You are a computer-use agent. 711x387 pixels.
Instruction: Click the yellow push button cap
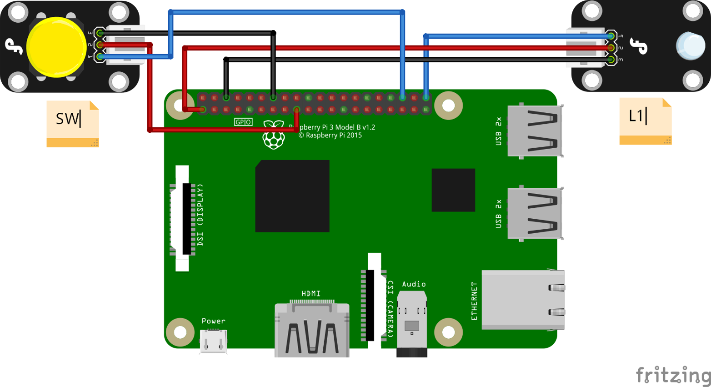pyautogui.click(x=56, y=47)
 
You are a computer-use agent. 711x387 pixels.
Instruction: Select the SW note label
pyautogui.click(x=72, y=123)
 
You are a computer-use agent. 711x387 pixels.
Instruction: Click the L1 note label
pyautogui.click(x=645, y=121)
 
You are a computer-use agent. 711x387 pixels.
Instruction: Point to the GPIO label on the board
pyautogui.click(x=243, y=122)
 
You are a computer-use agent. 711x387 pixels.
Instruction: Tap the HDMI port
pyautogui.click(x=312, y=329)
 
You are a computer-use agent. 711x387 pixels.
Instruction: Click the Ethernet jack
pyautogui.click(x=523, y=300)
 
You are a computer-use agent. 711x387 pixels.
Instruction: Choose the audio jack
pyautogui.click(x=412, y=323)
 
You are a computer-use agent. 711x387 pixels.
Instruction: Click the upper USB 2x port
pyautogui.click(x=535, y=131)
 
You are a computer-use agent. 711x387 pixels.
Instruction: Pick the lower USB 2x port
pyautogui.click(x=535, y=213)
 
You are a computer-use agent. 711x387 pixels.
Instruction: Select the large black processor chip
pyautogui.click(x=292, y=196)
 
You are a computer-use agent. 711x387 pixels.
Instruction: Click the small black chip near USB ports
pyautogui.click(x=453, y=190)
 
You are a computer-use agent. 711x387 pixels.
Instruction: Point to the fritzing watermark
pyautogui.click(x=673, y=375)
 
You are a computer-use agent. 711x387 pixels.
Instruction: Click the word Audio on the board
pyautogui.click(x=414, y=284)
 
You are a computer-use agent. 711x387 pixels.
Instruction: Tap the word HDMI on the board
pyautogui.click(x=311, y=294)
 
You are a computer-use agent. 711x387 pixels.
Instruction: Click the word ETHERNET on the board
pyautogui.click(x=475, y=301)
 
